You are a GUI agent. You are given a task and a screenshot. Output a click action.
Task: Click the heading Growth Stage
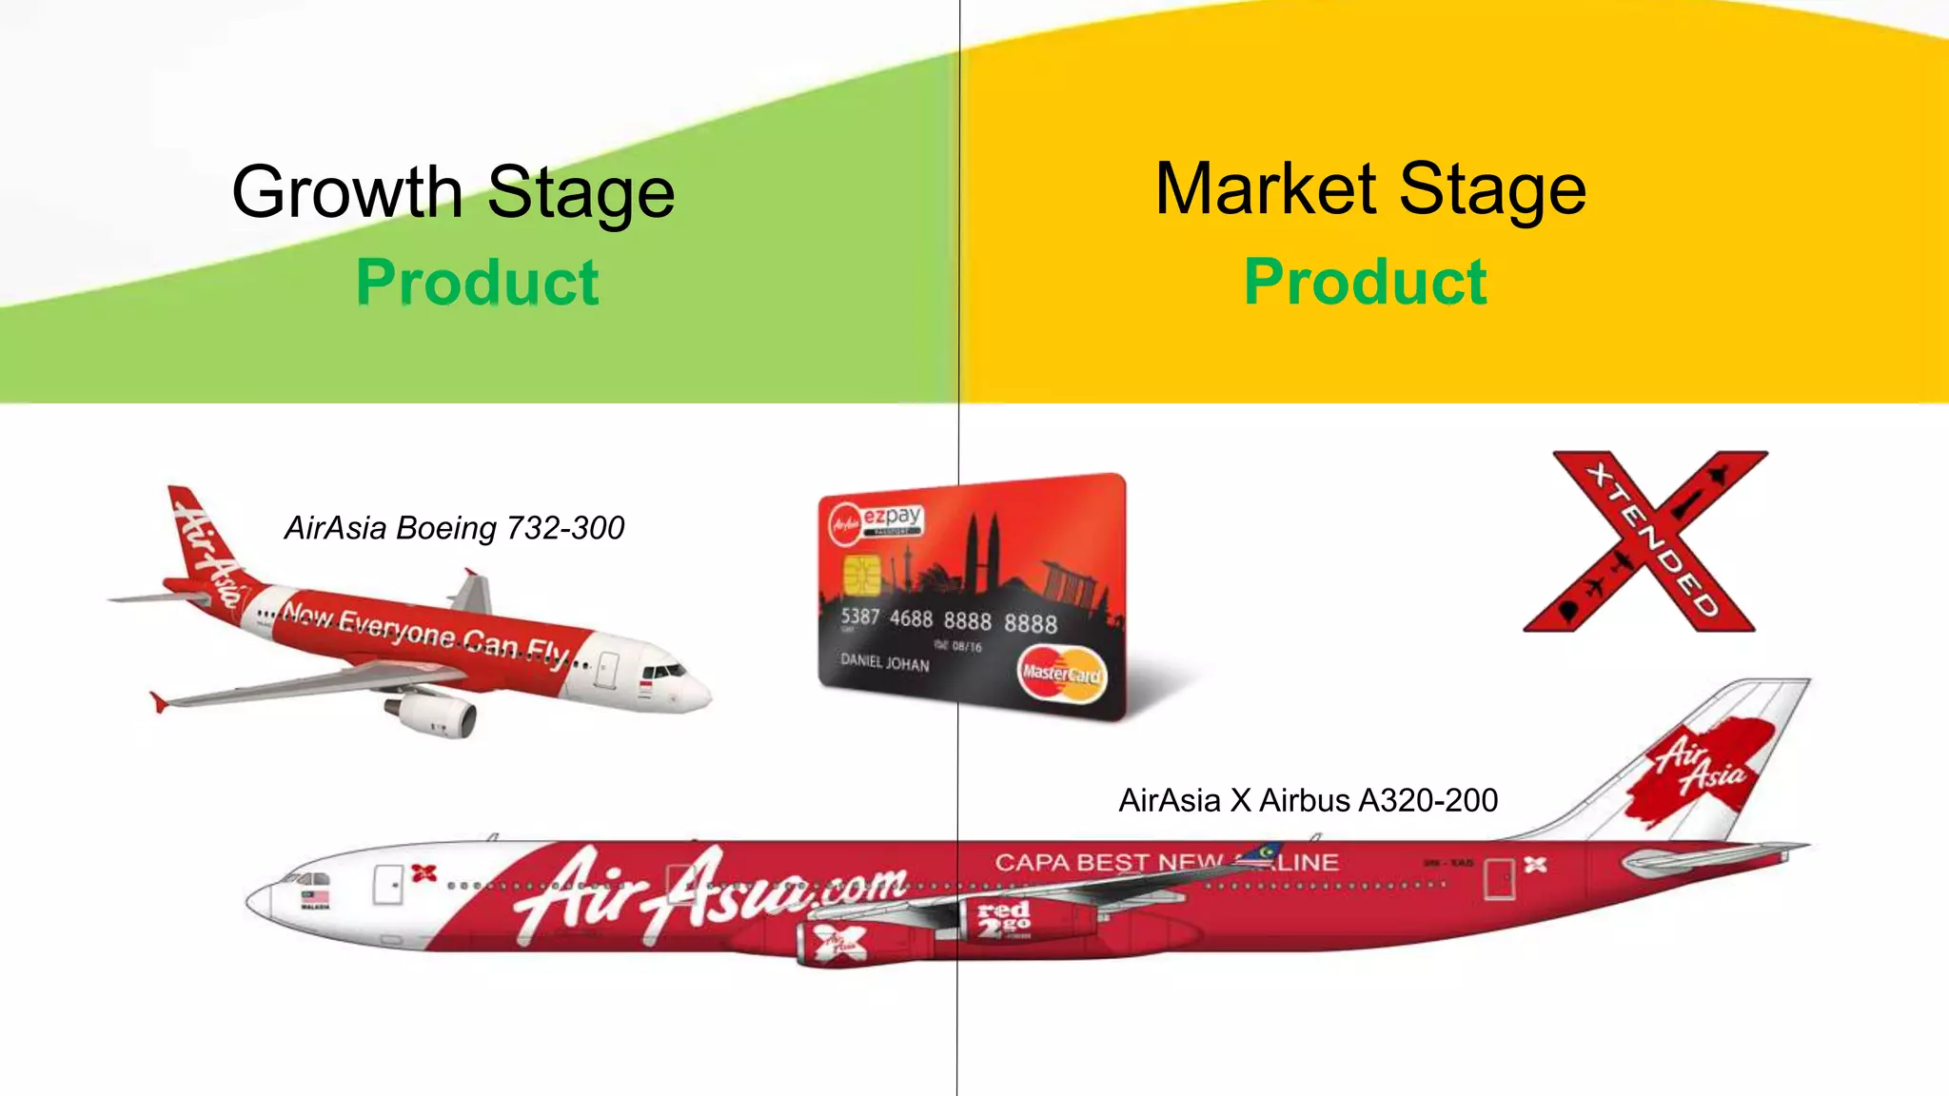[453, 192]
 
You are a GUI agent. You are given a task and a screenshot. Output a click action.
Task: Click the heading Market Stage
[1370, 189]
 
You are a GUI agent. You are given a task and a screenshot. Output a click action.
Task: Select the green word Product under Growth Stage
[478, 283]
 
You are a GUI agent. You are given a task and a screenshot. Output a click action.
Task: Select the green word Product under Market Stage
[1366, 282]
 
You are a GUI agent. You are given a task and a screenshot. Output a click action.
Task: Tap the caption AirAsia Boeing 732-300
[454, 528]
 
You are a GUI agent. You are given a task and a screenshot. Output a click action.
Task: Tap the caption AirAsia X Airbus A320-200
[1308, 800]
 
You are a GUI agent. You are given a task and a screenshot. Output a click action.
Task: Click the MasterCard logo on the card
[1061, 674]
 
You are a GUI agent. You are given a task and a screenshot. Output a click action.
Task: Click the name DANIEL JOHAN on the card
[884, 662]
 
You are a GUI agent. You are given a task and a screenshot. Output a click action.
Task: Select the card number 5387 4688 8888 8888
[948, 620]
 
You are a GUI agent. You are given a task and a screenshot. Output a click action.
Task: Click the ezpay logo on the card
[891, 517]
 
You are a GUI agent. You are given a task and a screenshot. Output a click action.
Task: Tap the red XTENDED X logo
[1646, 540]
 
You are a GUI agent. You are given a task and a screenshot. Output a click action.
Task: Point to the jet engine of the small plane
[437, 713]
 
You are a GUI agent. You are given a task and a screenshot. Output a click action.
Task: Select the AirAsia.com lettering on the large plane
[709, 891]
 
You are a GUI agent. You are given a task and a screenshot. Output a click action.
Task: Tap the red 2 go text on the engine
[1004, 918]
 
